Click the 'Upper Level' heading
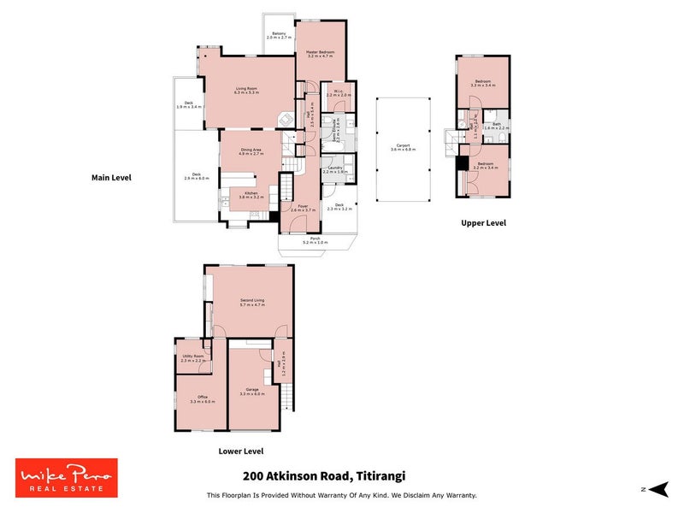[x=484, y=223]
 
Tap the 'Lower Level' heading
[x=241, y=451]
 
